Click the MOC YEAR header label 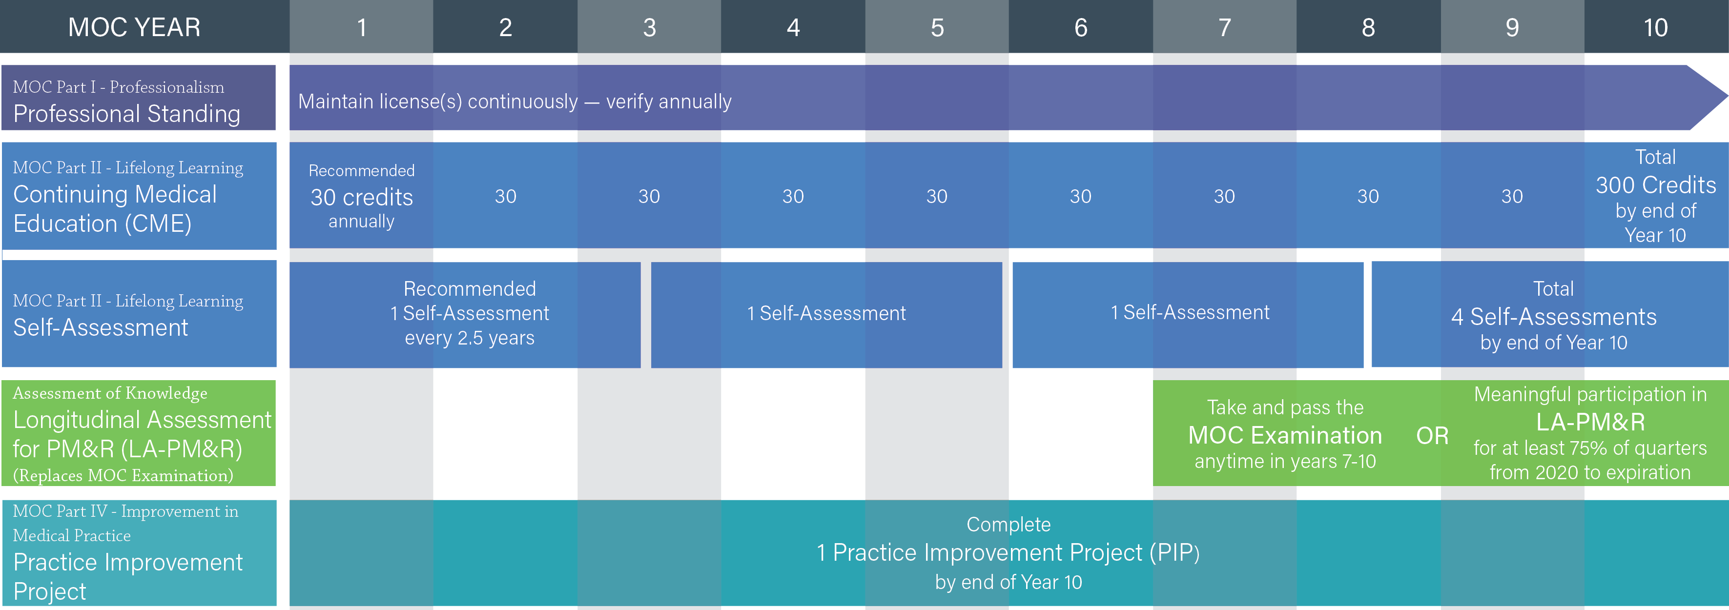click(134, 27)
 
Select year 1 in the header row click(362, 27)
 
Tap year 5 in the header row click(937, 27)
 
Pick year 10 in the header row click(1656, 27)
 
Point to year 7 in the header click(1225, 27)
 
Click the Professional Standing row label click(127, 113)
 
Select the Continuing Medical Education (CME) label click(115, 209)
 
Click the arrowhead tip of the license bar click(1727, 97)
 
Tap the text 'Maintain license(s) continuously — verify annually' click(515, 102)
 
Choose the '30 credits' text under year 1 click(362, 197)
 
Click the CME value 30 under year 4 click(793, 197)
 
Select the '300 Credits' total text click(1656, 184)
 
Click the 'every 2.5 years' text click(470, 338)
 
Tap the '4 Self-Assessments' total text click(1554, 316)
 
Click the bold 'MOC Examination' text click(1285, 435)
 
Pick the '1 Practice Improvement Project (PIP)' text click(1008, 552)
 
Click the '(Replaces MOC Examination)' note click(123, 475)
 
